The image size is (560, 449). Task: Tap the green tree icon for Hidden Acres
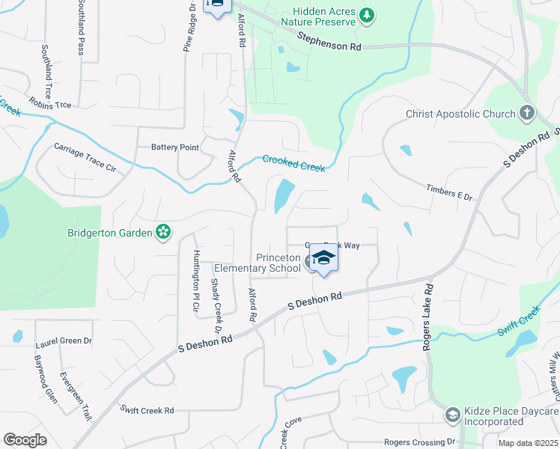(366, 15)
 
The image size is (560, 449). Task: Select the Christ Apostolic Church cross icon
(528, 114)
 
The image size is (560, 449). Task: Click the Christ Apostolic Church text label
(460, 114)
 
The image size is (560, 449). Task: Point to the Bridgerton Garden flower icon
(162, 233)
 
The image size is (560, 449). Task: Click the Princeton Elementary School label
(258, 263)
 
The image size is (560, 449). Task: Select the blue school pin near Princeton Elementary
(323, 259)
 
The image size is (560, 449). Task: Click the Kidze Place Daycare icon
(452, 414)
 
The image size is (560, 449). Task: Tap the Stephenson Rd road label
(329, 41)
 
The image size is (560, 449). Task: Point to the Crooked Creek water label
(293, 163)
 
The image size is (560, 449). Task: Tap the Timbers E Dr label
(449, 192)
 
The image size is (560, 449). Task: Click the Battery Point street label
(175, 147)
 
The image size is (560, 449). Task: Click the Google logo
(25, 440)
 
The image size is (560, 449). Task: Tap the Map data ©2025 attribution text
(526, 443)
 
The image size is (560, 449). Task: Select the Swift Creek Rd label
(147, 409)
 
